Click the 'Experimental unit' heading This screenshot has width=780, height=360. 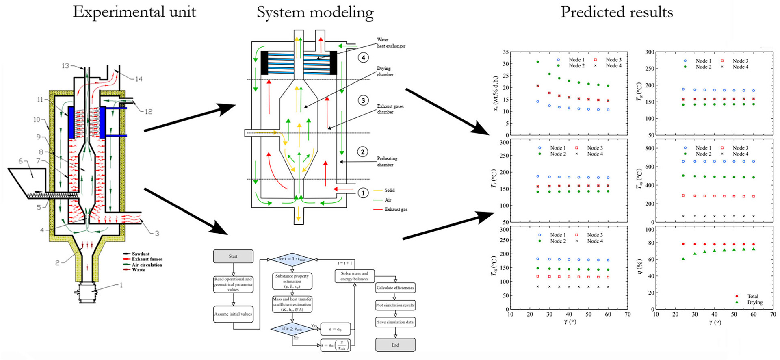click(x=134, y=12)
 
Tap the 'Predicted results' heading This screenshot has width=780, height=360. click(x=616, y=12)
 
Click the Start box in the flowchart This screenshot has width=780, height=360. click(x=233, y=256)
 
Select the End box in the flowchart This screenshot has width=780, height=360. click(x=395, y=345)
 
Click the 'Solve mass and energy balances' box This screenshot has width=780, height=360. click(x=354, y=276)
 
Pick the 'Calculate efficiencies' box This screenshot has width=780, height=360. click(x=395, y=288)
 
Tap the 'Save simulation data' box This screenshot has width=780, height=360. click(x=395, y=322)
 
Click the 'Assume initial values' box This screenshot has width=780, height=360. click(x=233, y=314)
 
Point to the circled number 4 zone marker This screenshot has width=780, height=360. click(x=364, y=58)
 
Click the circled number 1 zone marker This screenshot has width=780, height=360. click(x=364, y=193)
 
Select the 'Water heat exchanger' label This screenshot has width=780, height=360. click(x=391, y=43)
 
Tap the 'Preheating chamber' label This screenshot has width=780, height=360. click(x=387, y=161)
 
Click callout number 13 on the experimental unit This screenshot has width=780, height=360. click(x=65, y=66)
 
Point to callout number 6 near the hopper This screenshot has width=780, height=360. click(x=21, y=161)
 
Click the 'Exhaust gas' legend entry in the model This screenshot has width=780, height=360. click(x=396, y=210)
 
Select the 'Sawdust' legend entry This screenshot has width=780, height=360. click(x=141, y=254)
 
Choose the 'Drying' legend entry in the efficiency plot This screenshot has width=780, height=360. click(x=754, y=302)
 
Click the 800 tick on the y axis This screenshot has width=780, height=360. click(x=649, y=148)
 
